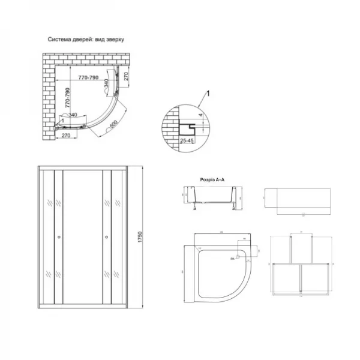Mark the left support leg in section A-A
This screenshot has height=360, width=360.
[194, 211]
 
